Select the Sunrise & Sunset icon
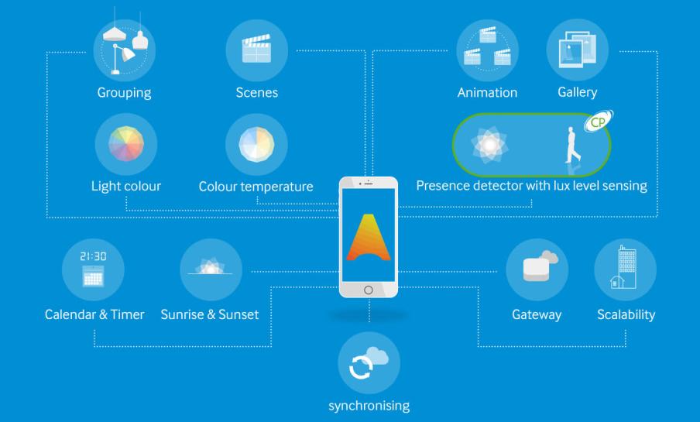coord(210,270)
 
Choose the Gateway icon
coord(537,270)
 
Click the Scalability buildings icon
coord(625,270)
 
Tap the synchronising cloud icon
coord(369,363)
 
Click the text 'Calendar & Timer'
coord(94,315)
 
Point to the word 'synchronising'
coord(369,405)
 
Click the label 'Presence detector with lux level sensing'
coord(531,187)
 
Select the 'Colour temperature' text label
coord(256,187)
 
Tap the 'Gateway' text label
coord(537,315)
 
